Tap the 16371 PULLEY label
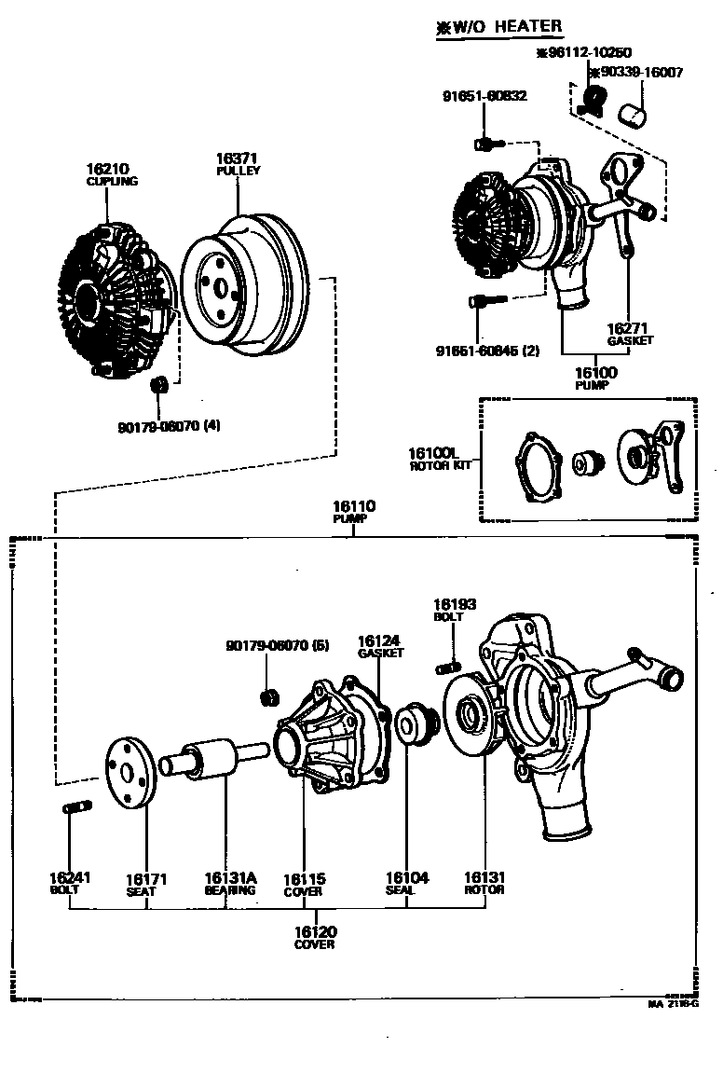click(238, 164)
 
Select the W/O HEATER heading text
click(499, 27)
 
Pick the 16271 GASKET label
click(630, 334)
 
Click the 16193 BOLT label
click(454, 610)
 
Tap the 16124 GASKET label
click(380, 646)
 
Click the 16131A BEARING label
click(230, 883)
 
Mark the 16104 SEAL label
click(407, 883)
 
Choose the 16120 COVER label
click(315, 937)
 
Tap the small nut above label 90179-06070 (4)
click(159, 384)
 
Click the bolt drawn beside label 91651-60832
click(488, 144)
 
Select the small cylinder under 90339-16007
click(634, 115)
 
